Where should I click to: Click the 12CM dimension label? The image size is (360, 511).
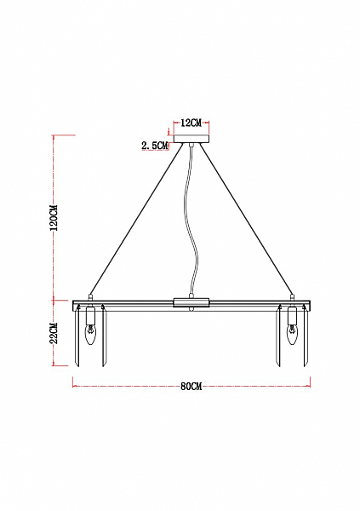tap(191, 123)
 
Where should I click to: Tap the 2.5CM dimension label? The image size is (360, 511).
tap(154, 146)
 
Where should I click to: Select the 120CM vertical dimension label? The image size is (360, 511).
tap(54, 218)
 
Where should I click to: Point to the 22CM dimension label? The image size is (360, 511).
tap(54, 333)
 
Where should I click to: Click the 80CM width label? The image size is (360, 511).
tap(191, 387)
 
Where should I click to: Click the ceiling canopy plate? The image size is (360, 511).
tap(191, 139)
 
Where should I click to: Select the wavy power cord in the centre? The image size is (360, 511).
tap(191, 221)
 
